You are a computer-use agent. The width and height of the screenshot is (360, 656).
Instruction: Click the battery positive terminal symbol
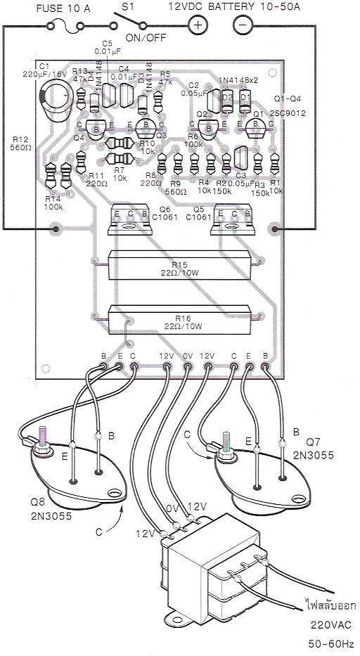pyautogui.click(x=198, y=25)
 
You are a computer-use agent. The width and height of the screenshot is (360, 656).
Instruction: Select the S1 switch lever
pyautogui.click(x=128, y=20)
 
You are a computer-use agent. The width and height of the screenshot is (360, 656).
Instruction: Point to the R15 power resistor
pyautogui.click(x=179, y=265)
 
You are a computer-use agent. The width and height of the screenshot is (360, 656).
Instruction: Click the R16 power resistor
pyautogui.click(x=179, y=320)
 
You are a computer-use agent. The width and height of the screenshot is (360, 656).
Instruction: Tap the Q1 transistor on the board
pyautogui.click(x=256, y=127)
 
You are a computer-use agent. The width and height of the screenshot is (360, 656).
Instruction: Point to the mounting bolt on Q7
pyautogui.click(x=226, y=446)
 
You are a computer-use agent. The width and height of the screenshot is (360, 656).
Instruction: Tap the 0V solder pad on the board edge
pyautogui.click(x=187, y=367)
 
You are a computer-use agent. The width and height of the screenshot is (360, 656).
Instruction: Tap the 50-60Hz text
pyautogui.click(x=328, y=643)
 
